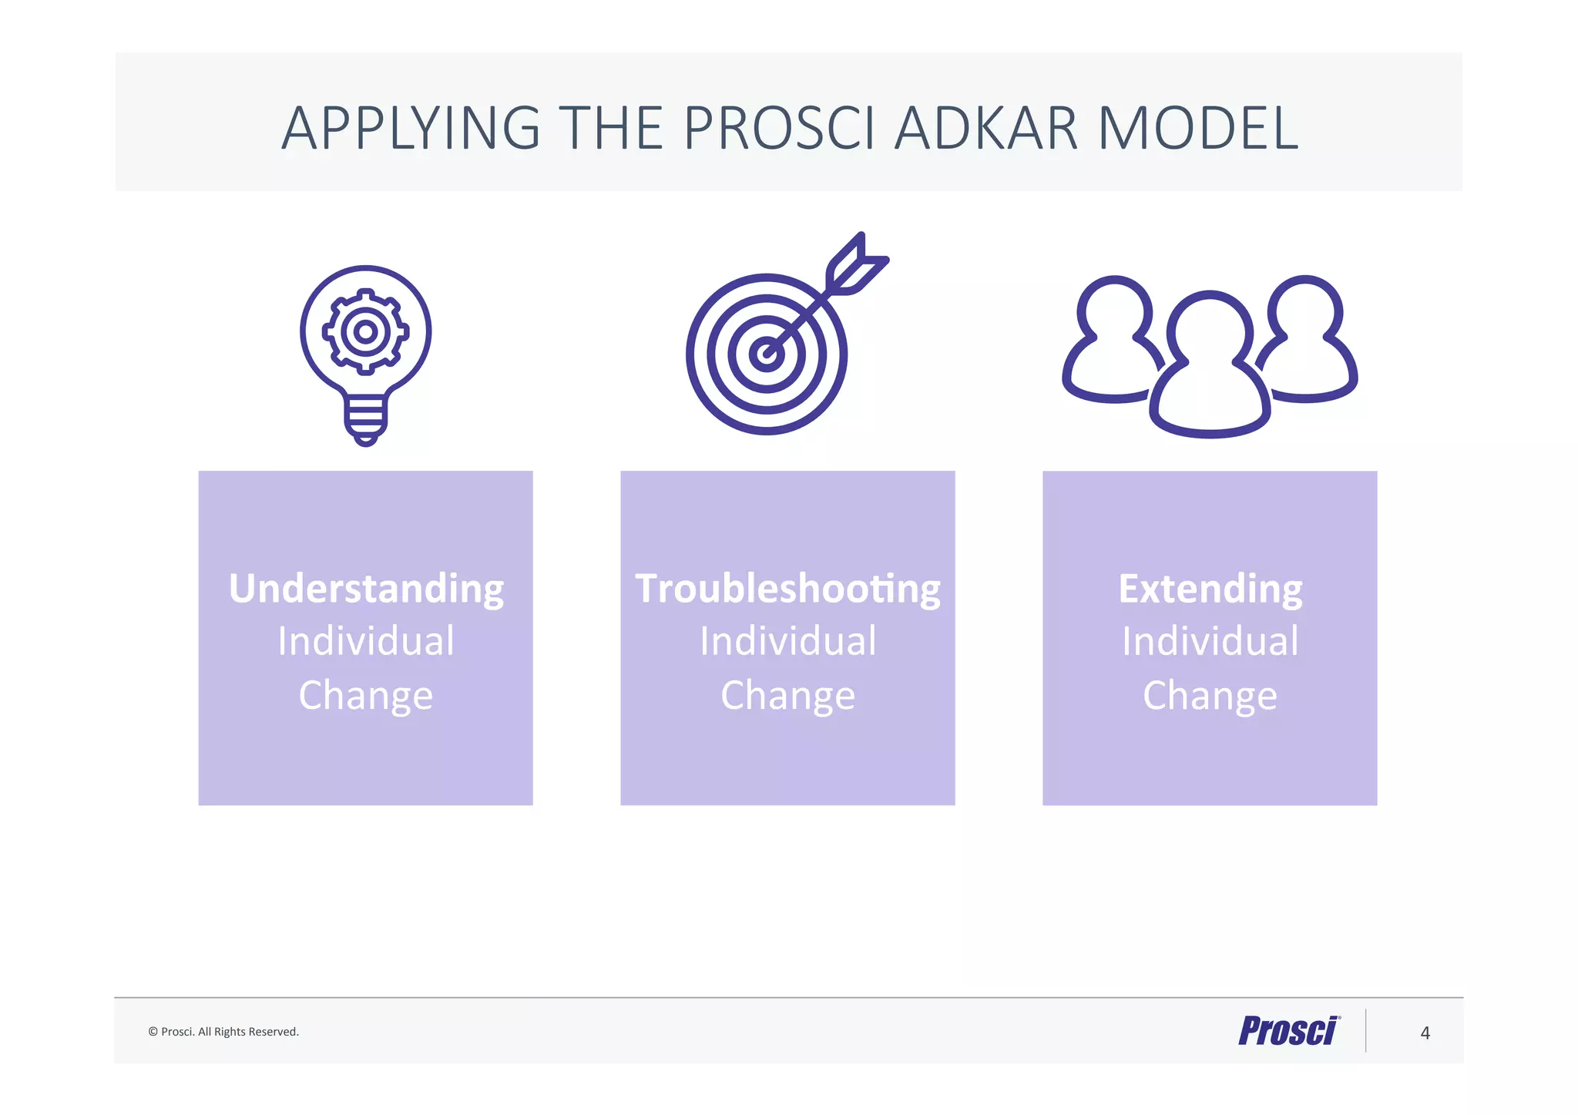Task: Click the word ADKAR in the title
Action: pos(985,128)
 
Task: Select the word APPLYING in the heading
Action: pos(411,128)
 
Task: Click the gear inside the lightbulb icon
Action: pos(365,332)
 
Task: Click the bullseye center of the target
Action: pos(767,354)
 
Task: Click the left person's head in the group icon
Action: pos(1114,312)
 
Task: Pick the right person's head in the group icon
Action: pos(1305,312)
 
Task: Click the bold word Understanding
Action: pos(366,589)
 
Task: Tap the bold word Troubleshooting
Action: pos(787,589)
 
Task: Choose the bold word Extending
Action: pos(1210,589)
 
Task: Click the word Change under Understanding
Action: pos(366,695)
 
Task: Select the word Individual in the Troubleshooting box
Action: pos(787,641)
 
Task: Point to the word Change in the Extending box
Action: pos(1210,695)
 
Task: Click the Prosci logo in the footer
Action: pos(1288,1031)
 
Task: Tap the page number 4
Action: pos(1425,1033)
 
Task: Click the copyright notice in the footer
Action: pos(223,1032)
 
